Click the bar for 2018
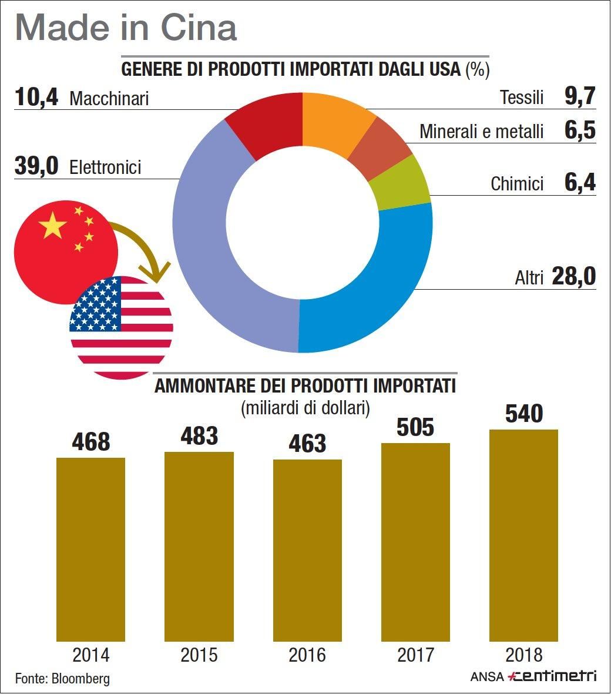pos(523,535)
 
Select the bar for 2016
pos(307,549)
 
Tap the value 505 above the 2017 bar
pos(415,427)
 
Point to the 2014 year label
pos(91,655)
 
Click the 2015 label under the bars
pos(199,655)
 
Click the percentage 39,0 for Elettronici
pos(36,166)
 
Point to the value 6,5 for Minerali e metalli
pos(580,130)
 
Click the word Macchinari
pos(109,98)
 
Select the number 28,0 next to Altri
pos(574,276)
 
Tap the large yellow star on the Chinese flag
pos(53,226)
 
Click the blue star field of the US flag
pos(95,304)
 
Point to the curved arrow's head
pos(156,271)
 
